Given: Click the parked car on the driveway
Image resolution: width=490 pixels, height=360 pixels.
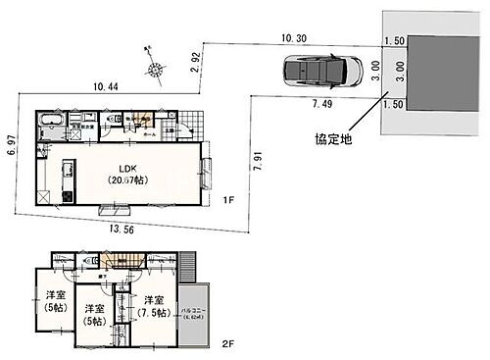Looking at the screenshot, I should coord(312,73).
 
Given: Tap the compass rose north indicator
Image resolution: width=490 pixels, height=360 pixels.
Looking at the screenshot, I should coord(153,68).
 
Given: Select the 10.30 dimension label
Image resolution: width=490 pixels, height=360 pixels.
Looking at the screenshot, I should coord(294,37).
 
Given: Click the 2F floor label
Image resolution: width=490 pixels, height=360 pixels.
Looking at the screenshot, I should coord(226,342).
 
